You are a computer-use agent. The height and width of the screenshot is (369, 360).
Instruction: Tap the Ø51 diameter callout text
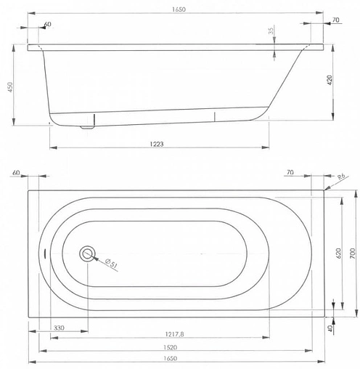(110, 262)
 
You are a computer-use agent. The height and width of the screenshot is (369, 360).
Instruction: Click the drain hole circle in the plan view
(88, 254)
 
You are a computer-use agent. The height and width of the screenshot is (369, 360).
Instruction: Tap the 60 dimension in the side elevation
(47, 25)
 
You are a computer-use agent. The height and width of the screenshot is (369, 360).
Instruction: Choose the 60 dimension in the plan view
(15, 174)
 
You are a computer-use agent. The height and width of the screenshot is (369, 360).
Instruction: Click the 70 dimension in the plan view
(290, 173)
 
